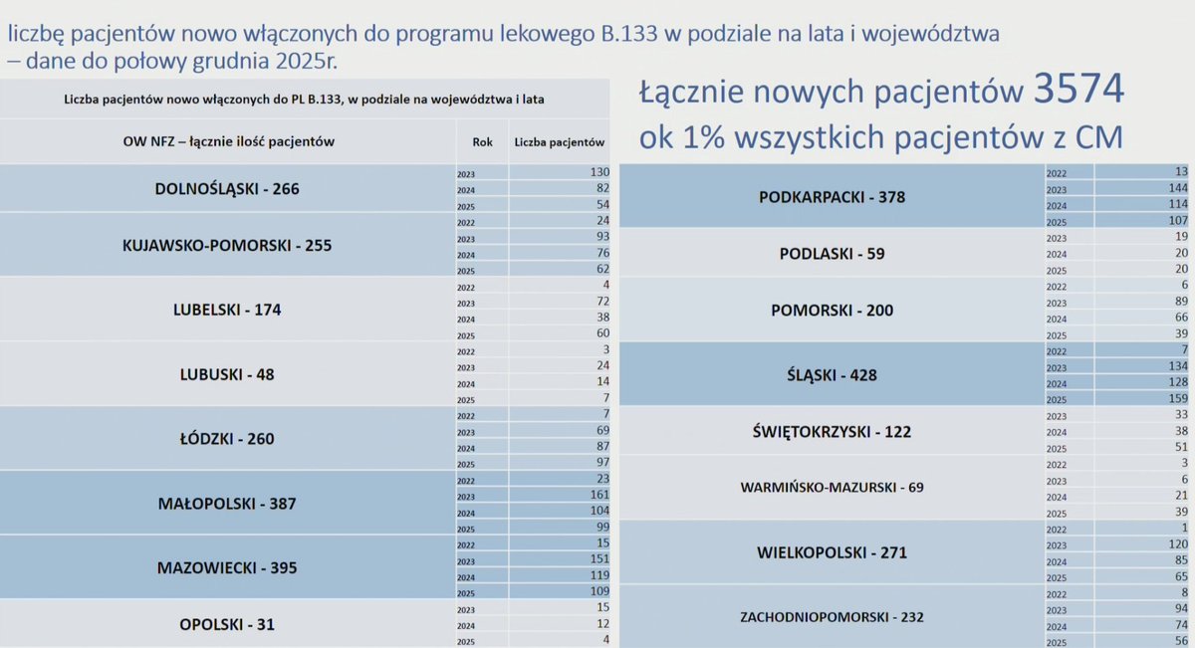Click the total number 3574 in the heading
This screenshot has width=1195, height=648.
[x=1078, y=92]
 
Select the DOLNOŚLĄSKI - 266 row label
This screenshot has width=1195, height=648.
[x=227, y=188]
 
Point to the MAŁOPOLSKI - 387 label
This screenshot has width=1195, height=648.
[x=227, y=504]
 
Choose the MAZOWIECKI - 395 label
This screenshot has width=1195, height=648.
[x=227, y=568]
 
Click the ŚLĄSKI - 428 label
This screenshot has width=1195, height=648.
[x=833, y=375]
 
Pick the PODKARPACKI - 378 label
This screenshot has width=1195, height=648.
[x=833, y=197]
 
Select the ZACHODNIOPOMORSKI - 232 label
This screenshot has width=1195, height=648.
[x=833, y=617]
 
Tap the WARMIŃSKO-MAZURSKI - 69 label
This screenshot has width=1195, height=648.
[x=833, y=488]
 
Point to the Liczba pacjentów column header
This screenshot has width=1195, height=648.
[x=560, y=142]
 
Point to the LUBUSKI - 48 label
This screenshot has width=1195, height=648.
[x=227, y=375]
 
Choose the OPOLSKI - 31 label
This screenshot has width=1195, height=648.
[x=227, y=625]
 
